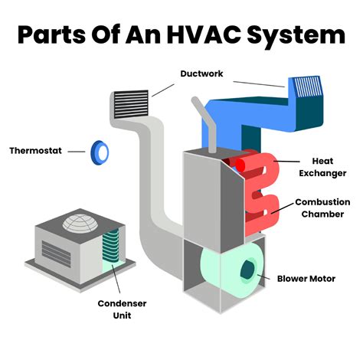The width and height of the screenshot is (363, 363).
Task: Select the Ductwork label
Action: [202, 74]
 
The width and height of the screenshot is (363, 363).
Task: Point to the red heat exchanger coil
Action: [259, 188]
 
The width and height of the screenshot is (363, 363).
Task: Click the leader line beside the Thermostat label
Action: [76, 151]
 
